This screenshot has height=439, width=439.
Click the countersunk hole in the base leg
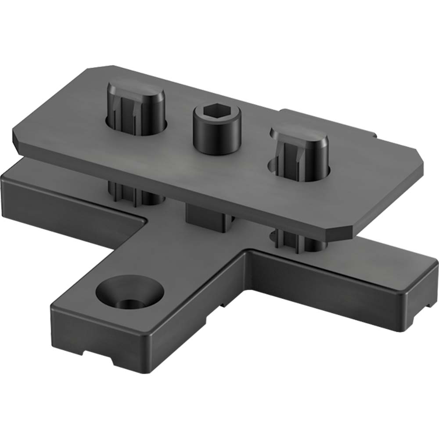pyautogui.click(x=128, y=294)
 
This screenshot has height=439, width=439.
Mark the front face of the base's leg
pyautogui.click(x=101, y=338)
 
